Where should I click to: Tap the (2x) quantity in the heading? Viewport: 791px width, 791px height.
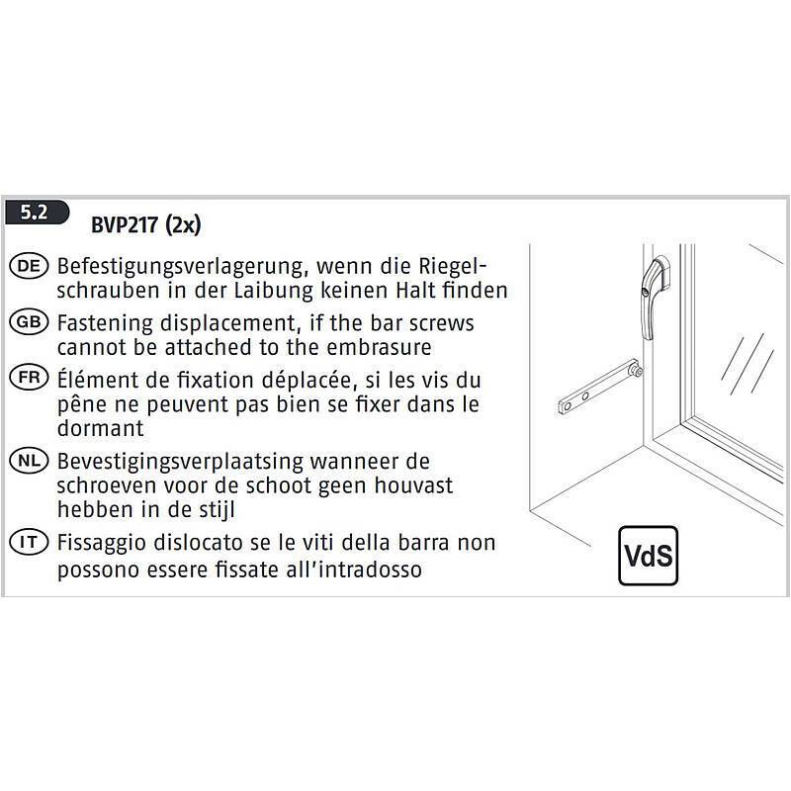184,225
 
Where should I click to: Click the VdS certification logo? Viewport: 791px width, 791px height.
650,557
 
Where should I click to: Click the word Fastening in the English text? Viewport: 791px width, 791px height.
103,323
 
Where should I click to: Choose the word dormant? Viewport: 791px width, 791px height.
101,428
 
